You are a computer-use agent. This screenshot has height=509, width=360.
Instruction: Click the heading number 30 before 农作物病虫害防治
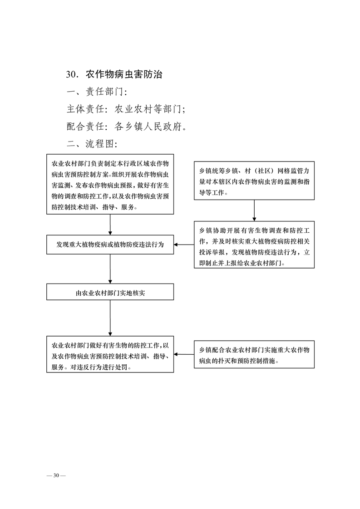tap(73, 74)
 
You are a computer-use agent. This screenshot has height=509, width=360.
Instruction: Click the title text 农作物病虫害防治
tap(123, 74)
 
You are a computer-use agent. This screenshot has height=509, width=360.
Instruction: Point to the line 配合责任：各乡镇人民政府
tap(128, 127)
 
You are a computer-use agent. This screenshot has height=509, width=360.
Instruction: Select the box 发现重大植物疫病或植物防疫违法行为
tap(110, 245)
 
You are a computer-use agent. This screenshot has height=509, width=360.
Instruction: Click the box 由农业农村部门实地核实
tap(110, 293)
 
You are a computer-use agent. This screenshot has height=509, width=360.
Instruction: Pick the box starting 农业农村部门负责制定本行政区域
tap(110, 184)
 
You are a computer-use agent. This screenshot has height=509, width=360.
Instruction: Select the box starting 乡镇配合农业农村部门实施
tap(254, 354)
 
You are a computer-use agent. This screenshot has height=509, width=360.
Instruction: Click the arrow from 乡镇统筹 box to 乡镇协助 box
tap(254, 210)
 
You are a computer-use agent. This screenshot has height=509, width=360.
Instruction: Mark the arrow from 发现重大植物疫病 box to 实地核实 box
tap(110, 269)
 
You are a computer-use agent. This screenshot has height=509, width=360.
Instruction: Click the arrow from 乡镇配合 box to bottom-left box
tap(184, 354)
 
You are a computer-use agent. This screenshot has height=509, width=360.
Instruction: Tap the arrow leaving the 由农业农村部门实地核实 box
tap(110, 318)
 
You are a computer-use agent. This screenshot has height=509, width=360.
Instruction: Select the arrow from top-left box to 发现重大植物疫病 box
tap(110, 225)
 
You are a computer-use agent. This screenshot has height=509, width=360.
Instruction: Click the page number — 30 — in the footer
tap(57, 475)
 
